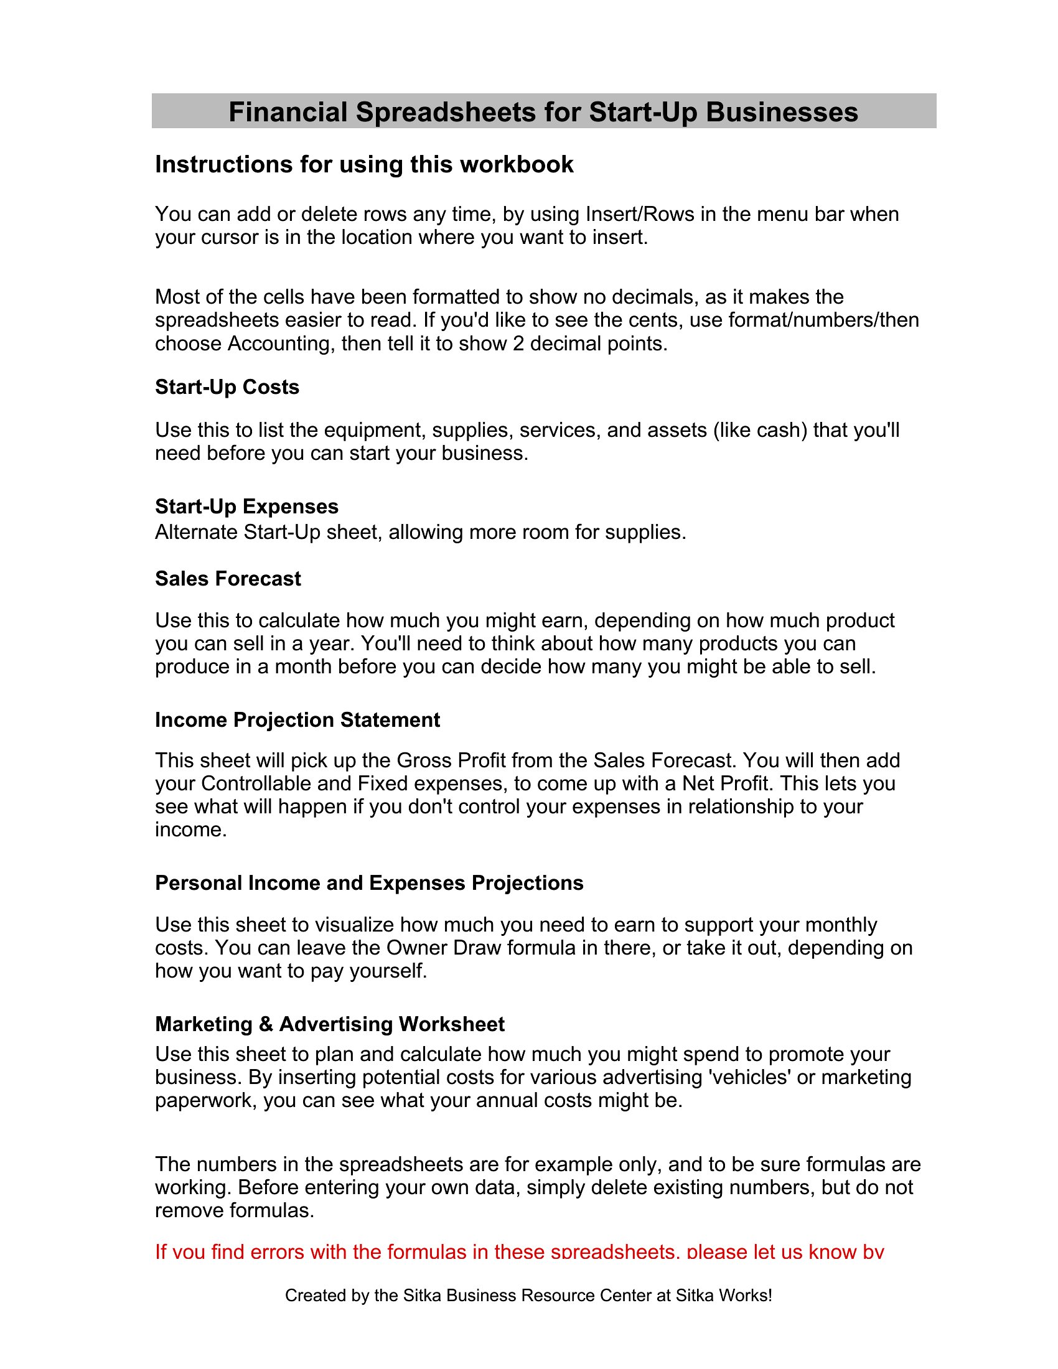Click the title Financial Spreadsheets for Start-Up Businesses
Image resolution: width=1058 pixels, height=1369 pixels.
pos(543,112)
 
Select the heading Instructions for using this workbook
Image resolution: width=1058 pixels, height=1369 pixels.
pos(364,164)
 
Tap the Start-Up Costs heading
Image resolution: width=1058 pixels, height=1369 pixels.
pos(227,388)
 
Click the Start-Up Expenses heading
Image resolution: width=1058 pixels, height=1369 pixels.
pos(246,507)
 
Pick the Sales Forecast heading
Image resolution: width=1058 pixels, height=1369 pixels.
pos(228,579)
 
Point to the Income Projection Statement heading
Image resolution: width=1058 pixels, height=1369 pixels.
pos(297,719)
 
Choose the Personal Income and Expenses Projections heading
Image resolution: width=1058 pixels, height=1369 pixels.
pos(369,882)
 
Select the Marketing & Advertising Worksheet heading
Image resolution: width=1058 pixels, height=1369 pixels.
pos(330,1024)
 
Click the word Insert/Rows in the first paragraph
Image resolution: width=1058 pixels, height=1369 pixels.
pos(639,215)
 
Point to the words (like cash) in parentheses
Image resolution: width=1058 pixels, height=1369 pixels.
pos(760,431)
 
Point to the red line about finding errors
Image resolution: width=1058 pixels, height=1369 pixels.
pos(519,1252)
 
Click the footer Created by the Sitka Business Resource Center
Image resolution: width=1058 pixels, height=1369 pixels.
pos(528,1295)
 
